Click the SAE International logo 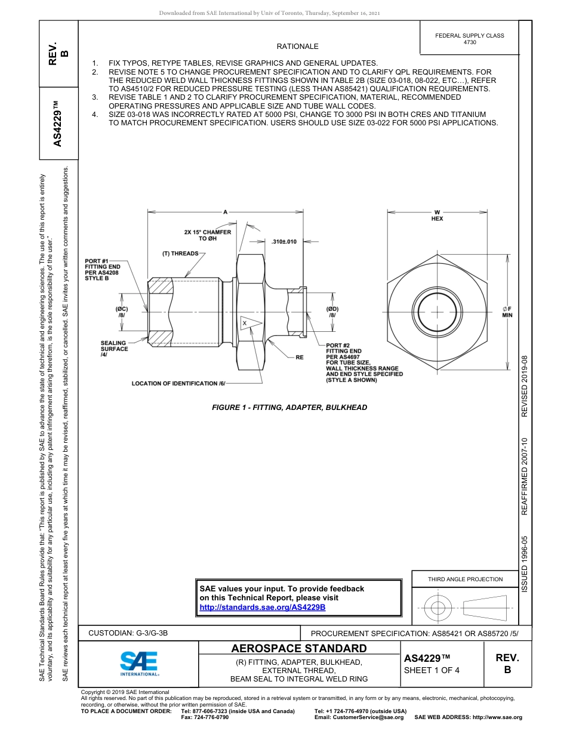(x=138, y=662)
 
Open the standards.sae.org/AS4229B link (x=262, y=607)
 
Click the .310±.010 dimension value (x=283, y=242)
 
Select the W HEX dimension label (x=437, y=215)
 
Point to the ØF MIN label (x=507, y=312)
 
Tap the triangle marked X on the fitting (x=250, y=323)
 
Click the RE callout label (x=300, y=357)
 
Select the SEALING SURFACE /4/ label (x=114, y=349)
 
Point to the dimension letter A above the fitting (x=225, y=212)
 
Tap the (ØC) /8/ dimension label (x=122, y=312)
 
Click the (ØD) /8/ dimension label (x=332, y=312)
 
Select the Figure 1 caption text (x=289, y=408)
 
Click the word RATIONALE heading (x=297, y=46)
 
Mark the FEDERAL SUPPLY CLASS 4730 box (x=469, y=39)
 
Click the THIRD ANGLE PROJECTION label (x=465, y=579)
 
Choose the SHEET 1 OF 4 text (x=432, y=670)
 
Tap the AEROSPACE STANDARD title (x=299, y=649)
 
